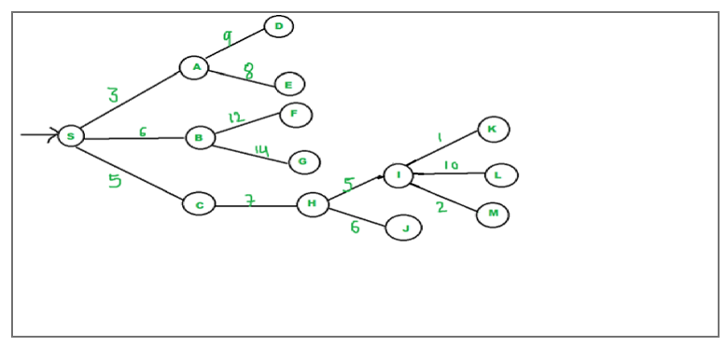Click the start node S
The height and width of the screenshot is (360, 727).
tap(70, 136)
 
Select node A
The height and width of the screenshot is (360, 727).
tap(194, 67)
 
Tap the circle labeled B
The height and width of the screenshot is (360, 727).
tap(200, 138)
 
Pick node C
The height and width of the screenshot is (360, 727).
tap(199, 203)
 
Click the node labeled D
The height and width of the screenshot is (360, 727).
tap(278, 26)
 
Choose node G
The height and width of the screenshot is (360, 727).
tap(303, 162)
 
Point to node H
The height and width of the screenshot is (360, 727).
tap(313, 204)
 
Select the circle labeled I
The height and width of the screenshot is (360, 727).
tap(398, 174)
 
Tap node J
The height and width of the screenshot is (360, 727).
tap(404, 228)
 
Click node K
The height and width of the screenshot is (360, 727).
tap(493, 130)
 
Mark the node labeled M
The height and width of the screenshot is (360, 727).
tap(492, 215)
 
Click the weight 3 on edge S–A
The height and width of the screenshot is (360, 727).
tap(113, 95)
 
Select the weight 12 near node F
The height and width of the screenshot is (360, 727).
tap(235, 118)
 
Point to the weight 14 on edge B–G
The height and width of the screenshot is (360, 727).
tap(261, 149)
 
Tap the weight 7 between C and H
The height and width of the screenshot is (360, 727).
tap(250, 201)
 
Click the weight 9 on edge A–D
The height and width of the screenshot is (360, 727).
tap(227, 38)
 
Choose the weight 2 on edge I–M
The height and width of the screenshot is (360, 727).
tap(441, 207)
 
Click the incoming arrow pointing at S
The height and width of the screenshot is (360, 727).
tap(37, 136)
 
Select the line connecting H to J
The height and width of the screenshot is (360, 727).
tap(357, 216)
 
